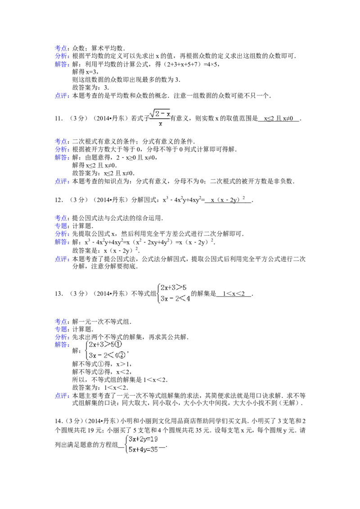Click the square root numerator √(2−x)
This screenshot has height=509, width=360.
[x=160, y=114]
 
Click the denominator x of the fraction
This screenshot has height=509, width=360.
[x=160, y=124]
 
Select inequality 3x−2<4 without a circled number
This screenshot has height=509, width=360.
[x=175, y=298]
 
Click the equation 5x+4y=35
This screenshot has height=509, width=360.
[x=143, y=449]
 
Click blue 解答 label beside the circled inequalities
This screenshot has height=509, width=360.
[x=62, y=345]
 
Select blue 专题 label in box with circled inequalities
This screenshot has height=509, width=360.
[x=62, y=329]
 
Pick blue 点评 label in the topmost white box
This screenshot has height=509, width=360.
[x=62, y=95]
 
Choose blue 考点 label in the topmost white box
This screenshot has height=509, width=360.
[x=62, y=48]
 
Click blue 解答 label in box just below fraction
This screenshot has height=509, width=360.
[x=62, y=158]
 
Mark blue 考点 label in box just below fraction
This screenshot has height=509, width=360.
[x=62, y=141]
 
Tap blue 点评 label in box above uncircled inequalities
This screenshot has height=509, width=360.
[x=62, y=259]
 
